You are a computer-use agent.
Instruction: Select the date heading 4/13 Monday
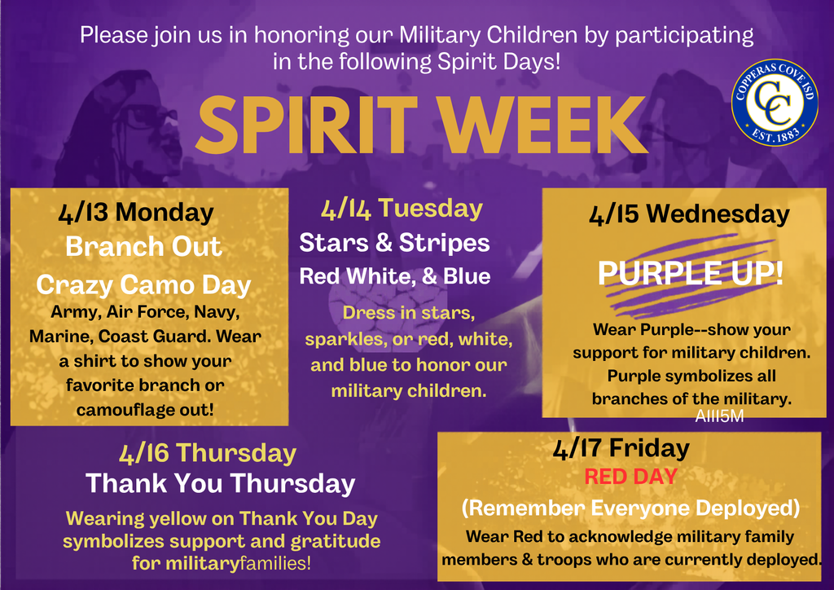pyautogui.click(x=136, y=213)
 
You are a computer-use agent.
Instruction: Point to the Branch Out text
pyautogui.click(x=143, y=247)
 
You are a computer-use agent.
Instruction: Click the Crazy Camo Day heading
pyautogui.click(x=143, y=284)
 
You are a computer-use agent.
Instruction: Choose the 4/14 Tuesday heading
pyautogui.click(x=402, y=209)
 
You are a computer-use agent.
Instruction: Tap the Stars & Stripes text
pyautogui.click(x=394, y=243)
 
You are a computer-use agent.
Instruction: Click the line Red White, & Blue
pyautogui.click(x=395, y=276)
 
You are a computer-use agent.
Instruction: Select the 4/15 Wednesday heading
pyautogui.click(x=688, y=214)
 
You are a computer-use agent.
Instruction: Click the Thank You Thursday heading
pyautogui.click(x=221, y=483)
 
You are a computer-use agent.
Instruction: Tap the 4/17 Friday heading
pyautogui.click(x=621, y=447)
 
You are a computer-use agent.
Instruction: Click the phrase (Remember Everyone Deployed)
pyautogui.click(x=631, y=508)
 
